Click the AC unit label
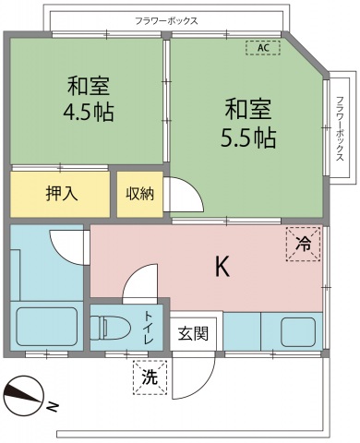pyautogui.click(x=262, y=47)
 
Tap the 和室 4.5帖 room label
pyautogui.click(x=88, y=101)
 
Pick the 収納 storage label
pyautogui.click(x=140, y=194)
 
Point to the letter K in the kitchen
pyautogui.click(x=222, y=267)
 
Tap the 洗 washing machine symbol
pyautogui.click(x=150, y=377)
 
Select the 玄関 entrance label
pyautogui.click(x=195, y=333)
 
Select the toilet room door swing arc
pyautogui.click(x=139, y=281)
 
